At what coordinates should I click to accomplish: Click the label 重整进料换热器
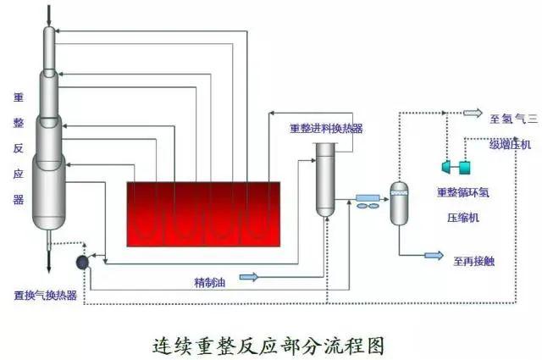326,129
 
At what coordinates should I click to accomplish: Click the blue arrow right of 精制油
249,276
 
